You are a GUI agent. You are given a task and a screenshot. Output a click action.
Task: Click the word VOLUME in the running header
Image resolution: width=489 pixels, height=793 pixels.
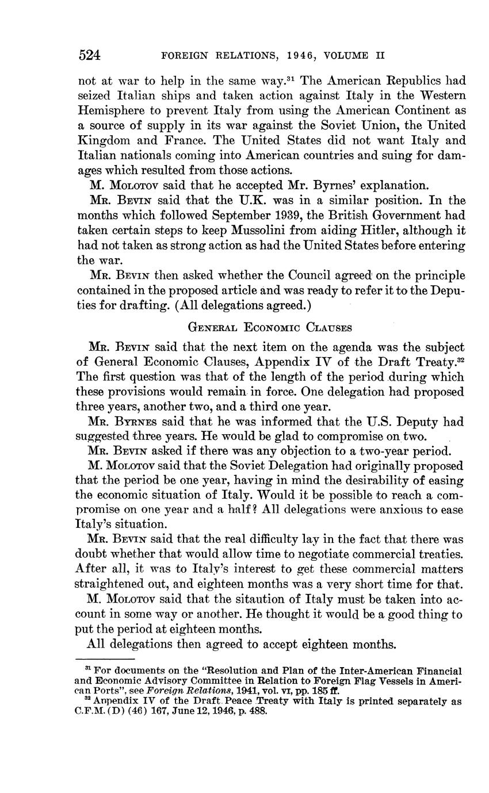coord(346,56)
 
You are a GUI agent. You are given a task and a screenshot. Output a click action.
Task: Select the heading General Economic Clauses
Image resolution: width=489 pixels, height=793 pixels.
coord(270,327)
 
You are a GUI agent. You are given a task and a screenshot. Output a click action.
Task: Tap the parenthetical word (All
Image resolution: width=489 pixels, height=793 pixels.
coord(188,305)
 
